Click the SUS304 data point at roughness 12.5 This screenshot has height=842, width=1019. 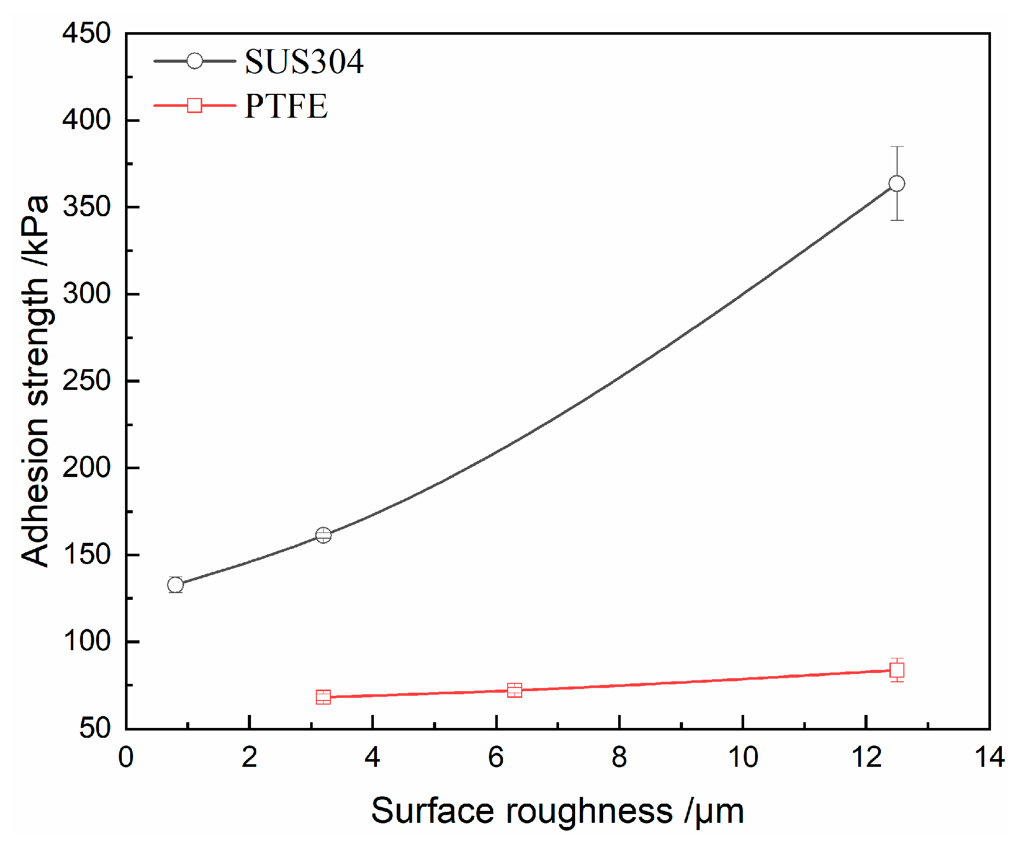(897, 184)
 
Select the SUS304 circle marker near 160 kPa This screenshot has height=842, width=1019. (323, 535)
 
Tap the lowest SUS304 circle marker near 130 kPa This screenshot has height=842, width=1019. (175, 585)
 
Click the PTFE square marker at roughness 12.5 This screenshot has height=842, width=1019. (897, 670)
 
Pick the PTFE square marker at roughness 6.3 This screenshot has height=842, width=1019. (514, 690)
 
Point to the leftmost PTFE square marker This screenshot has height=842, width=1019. (323, 697)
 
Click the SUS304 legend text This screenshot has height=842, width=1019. (304, 62)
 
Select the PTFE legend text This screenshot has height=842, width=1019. (286, 106)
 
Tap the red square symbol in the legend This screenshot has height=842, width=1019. (194, 105)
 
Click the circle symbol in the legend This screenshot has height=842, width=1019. (194, 61)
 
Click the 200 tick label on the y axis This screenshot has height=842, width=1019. (87, 468)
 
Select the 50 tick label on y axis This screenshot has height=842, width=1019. (95, 728)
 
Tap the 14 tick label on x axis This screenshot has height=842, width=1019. (989, 757)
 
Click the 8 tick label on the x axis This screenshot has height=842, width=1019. (619, 757)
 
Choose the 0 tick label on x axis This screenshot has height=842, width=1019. (126, 757)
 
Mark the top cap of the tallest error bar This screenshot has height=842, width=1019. (897, 147)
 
